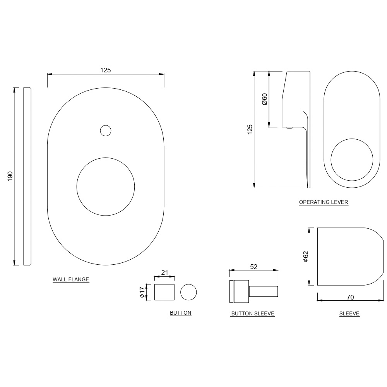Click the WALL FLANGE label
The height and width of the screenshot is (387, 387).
pos(71,279)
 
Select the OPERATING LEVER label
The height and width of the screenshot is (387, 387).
pos(324,202)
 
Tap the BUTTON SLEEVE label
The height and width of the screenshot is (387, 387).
pos(252,314)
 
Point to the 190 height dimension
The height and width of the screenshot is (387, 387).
pos(10,176)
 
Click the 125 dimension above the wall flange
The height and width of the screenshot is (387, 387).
pos(106,70)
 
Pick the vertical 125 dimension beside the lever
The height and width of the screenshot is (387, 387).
pos(250,129)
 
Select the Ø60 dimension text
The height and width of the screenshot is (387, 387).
pos(265,99)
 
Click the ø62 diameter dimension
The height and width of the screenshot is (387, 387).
pos(305,257)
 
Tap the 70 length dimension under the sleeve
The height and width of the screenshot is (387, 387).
pos(350,298)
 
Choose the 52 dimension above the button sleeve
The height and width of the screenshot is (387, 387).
pos(254,267)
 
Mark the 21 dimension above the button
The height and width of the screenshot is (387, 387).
pos(164,272)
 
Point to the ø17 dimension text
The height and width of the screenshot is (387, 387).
pos(142,292)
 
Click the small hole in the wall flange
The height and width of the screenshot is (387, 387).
pos(105,131)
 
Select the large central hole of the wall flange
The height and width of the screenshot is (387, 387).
pos(106,186)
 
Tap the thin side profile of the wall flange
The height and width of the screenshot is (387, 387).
pos(27,176)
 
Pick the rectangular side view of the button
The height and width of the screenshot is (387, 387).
pos(164,292)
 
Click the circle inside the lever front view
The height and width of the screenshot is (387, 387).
pos(352,160)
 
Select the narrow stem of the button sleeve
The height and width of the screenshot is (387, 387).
pos(263,291)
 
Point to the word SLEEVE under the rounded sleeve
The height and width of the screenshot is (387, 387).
pos(349,314)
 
